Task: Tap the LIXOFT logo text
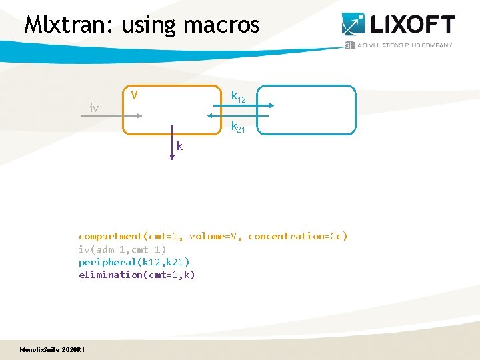(x=411, y=25)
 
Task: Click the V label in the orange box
(x=135, y=95)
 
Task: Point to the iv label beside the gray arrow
(x=95, y=107)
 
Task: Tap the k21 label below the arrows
(x=238, y=127)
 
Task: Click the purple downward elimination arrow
(x=172, y=140)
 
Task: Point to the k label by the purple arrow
(x=181, y=146)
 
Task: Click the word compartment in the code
(x=111, y=236)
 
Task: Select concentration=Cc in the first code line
(x=297, y=236)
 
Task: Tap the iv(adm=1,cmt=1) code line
(x=122, y=249)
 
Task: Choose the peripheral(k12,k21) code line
(x=134, y=262)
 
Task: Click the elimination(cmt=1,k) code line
(x=137, y=275)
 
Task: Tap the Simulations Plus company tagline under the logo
(x=405, y=45)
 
